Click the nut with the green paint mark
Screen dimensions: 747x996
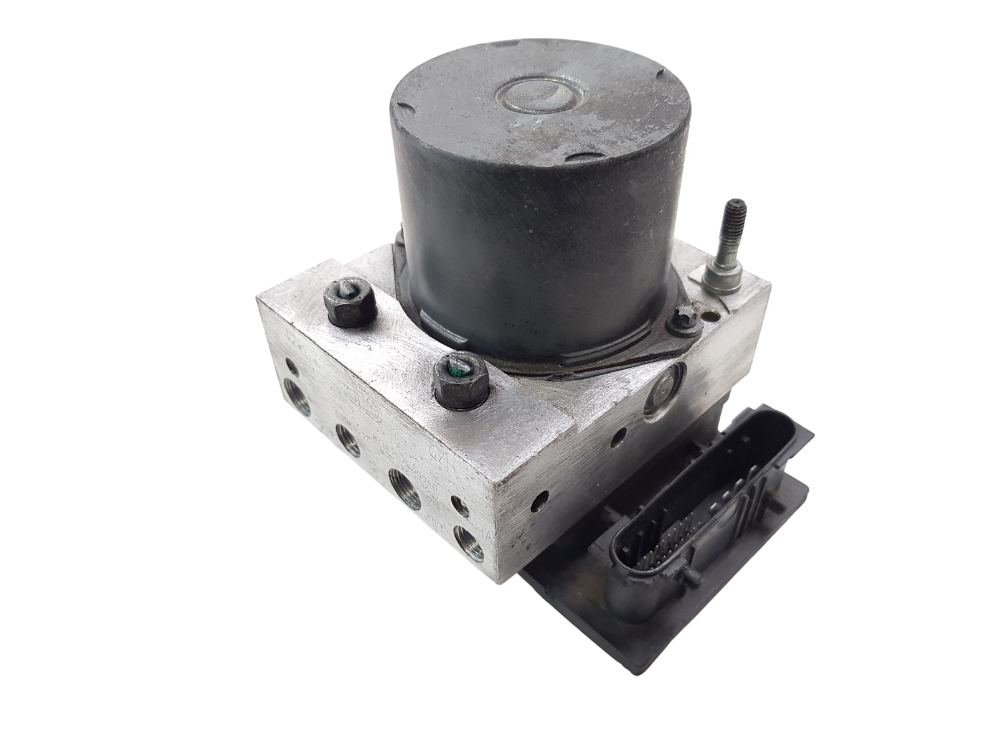(x=459, y=384)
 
